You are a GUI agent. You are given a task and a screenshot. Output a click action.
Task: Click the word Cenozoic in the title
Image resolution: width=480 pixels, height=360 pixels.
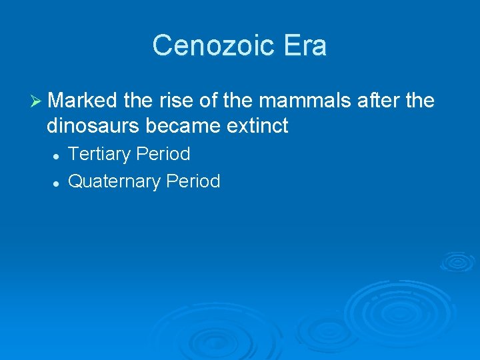pyautogui.click(x=208, y=46)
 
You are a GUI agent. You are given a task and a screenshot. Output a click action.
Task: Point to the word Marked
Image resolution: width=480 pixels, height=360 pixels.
pyautogui.click(x=83, y=101)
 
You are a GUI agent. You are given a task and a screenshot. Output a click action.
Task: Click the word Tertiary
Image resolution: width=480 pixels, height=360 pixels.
pyautogui.click(x=99, y=154)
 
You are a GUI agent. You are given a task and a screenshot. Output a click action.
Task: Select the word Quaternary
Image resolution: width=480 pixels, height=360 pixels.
pyautogui.click(x=114, y=181)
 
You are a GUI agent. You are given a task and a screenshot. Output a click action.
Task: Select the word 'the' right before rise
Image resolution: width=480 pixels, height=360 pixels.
pyautogui.click(x=138, y=101)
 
